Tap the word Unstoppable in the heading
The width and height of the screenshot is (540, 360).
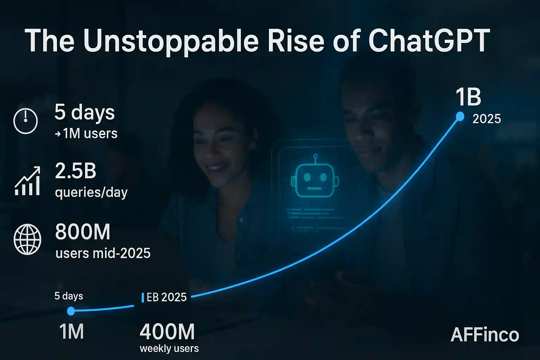click(171, 41)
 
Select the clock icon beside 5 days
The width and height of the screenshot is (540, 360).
click(26, 121)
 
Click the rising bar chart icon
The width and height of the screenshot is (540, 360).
click(27, 181)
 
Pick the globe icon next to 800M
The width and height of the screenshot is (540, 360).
click(27, 239)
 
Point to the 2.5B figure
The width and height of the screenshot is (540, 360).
click(76, 171)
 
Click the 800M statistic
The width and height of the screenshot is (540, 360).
click(83, 232)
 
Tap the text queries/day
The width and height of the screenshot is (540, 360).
click(91, 193)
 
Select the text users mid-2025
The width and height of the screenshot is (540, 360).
click(103, 253)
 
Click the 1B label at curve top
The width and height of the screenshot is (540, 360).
click(468, 97)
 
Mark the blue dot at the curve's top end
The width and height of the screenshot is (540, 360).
click(460, 116)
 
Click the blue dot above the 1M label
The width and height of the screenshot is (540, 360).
click(71, 311)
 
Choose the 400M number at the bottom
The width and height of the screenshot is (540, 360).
click(167, 332)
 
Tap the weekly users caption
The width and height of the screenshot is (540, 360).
click(169, 349)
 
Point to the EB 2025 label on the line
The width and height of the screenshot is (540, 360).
click(166, 297)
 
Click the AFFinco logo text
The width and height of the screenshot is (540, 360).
click(485, 335)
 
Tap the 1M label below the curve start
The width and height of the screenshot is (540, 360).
click(72, 332)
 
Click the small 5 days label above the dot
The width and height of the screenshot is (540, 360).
click(69, 296)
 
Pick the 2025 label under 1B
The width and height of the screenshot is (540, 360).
click(487, 119)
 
